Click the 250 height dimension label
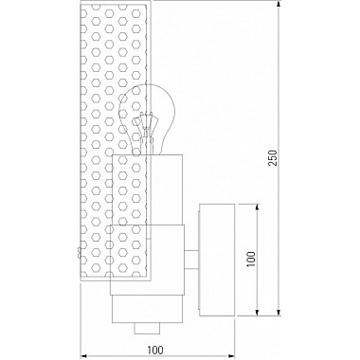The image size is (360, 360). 273,157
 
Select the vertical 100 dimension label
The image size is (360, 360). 251,260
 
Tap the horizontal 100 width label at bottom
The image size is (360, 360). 155,350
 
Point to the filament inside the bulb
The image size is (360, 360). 145,125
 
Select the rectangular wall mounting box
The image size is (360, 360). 217,260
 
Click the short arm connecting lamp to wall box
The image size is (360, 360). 191,260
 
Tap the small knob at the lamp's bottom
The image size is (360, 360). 147,329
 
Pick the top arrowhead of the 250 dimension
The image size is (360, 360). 279,5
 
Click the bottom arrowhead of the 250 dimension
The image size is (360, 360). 279,312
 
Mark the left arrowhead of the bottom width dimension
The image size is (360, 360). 84,356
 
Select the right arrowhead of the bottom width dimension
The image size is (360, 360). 231,356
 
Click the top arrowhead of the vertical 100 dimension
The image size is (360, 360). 257,207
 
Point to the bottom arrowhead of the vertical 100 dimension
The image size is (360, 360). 257,312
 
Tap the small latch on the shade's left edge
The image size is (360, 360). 79,252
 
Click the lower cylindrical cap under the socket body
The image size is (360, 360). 147,309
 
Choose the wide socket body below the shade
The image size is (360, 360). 147,260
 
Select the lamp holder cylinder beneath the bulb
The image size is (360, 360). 148,189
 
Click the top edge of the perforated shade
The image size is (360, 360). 116,2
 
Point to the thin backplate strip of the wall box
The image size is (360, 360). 199,260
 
